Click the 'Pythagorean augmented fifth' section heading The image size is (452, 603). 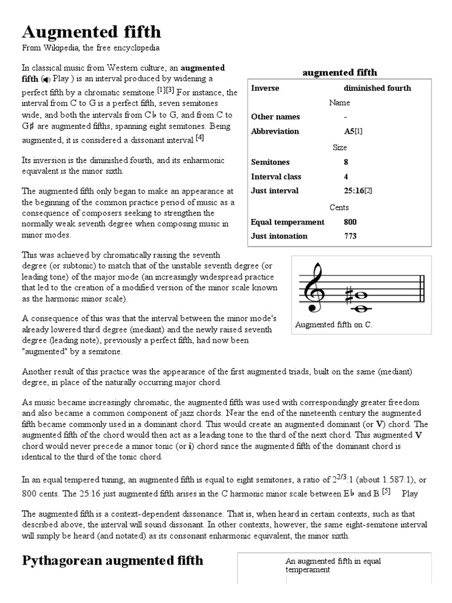point(112,560)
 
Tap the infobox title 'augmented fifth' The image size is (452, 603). point(340,72)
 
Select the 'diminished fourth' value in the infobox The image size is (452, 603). point(377,88)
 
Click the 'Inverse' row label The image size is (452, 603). point(265,88)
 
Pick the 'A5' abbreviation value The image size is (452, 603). point(349,131)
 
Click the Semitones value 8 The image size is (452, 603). point(346,162)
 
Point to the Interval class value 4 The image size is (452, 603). point(346,177)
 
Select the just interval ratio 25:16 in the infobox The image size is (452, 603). point(355,191)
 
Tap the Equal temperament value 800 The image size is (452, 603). point(350,222)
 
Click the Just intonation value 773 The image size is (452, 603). point(350,236)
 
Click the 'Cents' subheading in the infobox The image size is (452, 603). point(339,207)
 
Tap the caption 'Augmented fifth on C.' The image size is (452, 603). point(334,324)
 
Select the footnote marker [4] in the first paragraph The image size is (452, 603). point(200,138)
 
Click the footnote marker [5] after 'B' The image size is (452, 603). point(386,491)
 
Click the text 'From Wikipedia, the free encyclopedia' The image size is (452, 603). point(91,48)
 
